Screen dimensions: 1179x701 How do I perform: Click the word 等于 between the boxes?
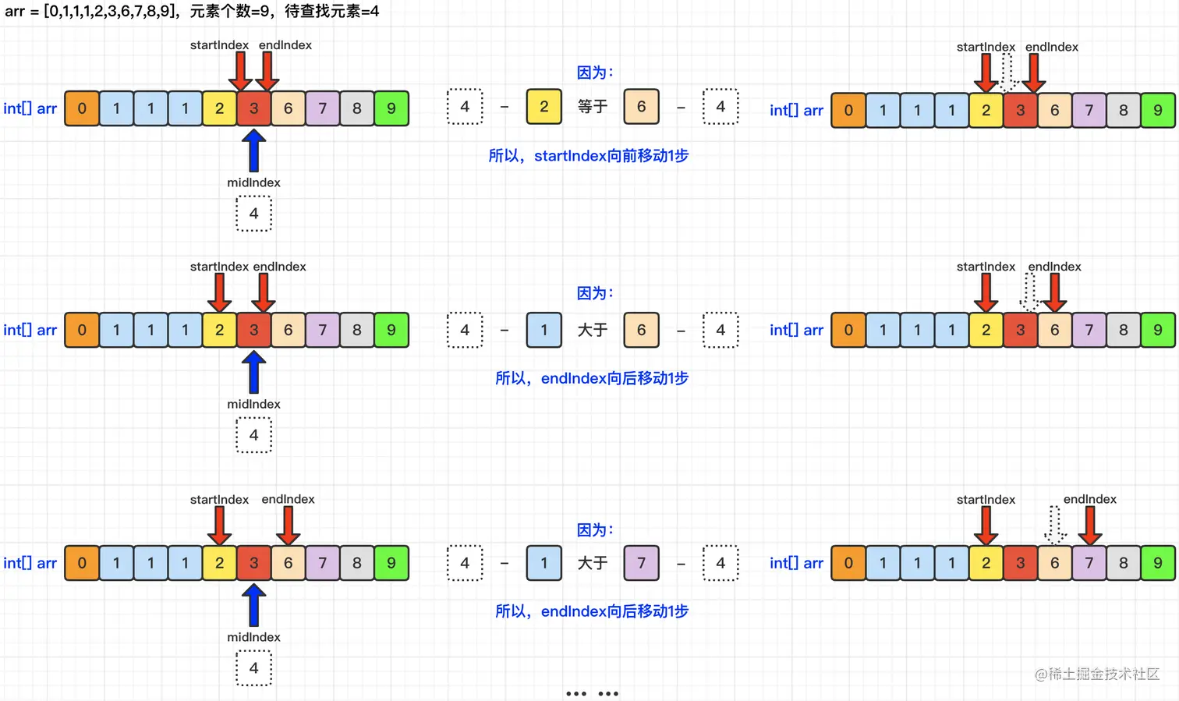[593, 107]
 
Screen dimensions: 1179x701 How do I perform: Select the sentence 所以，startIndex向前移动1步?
[589, 156]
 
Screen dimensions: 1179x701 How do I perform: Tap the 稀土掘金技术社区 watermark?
[1097, 674]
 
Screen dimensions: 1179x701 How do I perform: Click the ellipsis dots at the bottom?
[592, 693]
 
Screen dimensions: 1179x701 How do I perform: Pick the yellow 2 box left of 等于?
[543, 107]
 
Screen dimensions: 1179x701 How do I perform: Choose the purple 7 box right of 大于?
[641, 563]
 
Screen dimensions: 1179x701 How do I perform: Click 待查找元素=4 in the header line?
[331, 12]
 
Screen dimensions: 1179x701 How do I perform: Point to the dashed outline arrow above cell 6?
[1055, 525]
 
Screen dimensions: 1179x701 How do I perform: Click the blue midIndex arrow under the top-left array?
[253, 150]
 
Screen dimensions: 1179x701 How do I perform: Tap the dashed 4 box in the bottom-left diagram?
[253, 668]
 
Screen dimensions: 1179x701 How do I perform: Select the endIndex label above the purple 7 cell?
[1089, 499]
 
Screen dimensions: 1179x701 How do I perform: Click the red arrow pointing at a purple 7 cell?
[1089, 526]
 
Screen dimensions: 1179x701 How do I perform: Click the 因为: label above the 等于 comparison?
[595, 73]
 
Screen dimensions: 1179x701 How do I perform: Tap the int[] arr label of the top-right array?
[796, 111]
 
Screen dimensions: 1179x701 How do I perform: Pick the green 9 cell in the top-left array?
[391, 108]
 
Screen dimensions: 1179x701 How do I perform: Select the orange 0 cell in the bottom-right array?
[848, 563]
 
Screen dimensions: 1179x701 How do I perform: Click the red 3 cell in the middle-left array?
[253, 330]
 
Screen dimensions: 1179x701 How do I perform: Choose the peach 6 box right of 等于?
[641, 107]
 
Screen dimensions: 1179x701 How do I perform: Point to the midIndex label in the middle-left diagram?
[253, 404]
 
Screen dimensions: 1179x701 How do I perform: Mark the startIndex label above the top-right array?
[986, 47]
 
